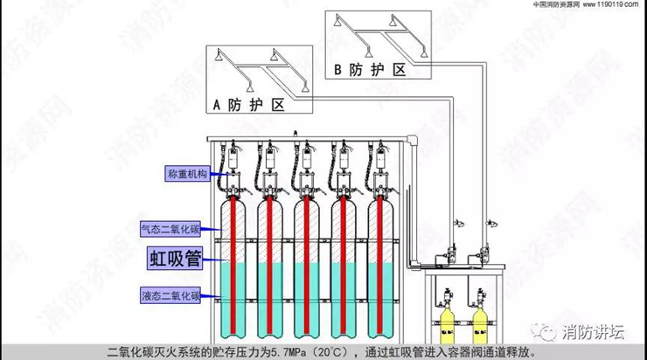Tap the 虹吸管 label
pos(175,259)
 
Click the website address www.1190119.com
pos(612,5)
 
